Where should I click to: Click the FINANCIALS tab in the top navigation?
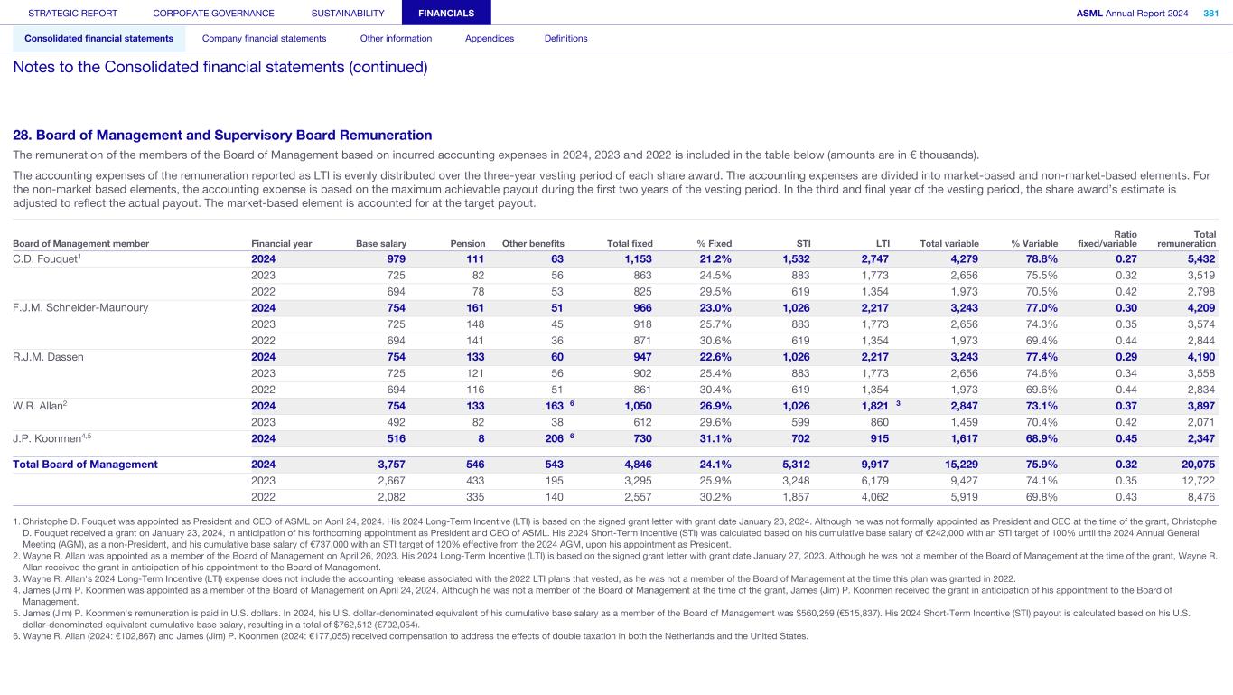446,13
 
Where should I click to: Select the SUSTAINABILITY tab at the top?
348,13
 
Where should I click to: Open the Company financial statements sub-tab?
264,38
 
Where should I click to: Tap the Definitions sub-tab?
565,38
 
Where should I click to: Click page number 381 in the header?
1210,13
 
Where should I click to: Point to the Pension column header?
468,243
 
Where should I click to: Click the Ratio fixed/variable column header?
1107,239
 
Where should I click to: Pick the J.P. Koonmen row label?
52,438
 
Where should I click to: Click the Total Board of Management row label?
85,465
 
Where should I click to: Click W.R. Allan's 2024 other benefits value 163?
554,406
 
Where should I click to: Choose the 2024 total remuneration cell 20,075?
1197,465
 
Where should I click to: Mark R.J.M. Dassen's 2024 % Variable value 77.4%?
1040,357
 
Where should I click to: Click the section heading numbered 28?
222,135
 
